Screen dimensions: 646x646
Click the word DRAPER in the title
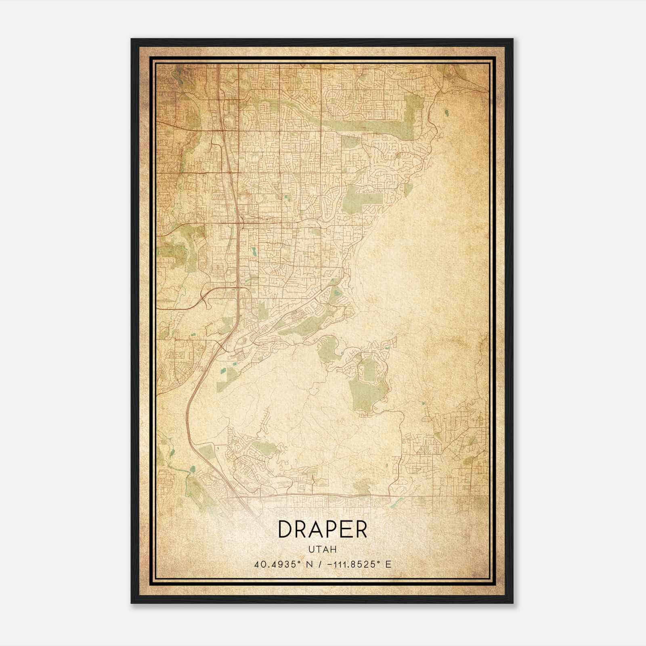coord(323,529)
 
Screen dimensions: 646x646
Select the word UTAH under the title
coord(323,550)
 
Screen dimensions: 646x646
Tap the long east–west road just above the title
coord(339,495)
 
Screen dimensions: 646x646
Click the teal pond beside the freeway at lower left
coord(193,469)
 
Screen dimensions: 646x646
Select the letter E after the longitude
coord(388,564)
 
